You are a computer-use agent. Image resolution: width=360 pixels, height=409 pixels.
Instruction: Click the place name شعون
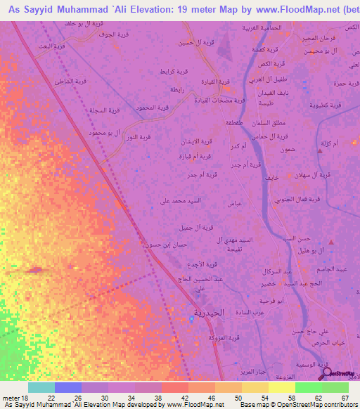pyautogui.click(x=287, y=149)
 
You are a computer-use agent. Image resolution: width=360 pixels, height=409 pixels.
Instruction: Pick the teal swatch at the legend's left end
pyautogui.click(x=41, y=387)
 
